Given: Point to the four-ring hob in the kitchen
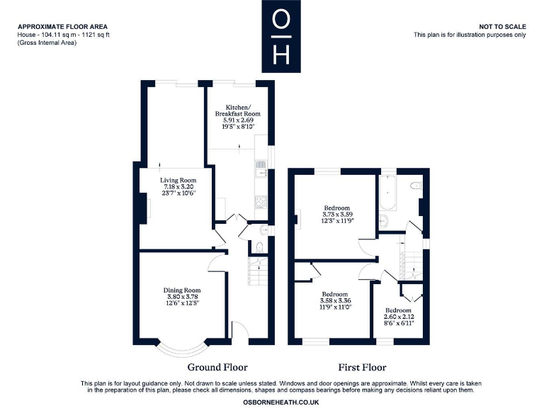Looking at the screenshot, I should pos(260,202).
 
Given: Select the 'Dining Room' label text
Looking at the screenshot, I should pos(183,290).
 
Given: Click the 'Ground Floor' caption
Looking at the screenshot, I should pos(217,367).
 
